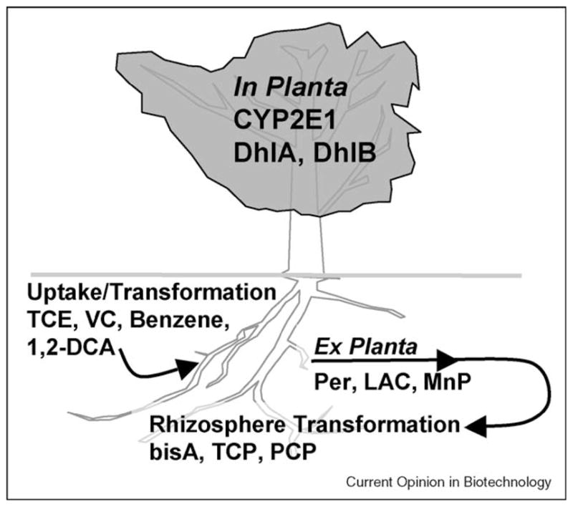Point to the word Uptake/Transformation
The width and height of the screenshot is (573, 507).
pyautogui.click(x=150, y=293)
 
